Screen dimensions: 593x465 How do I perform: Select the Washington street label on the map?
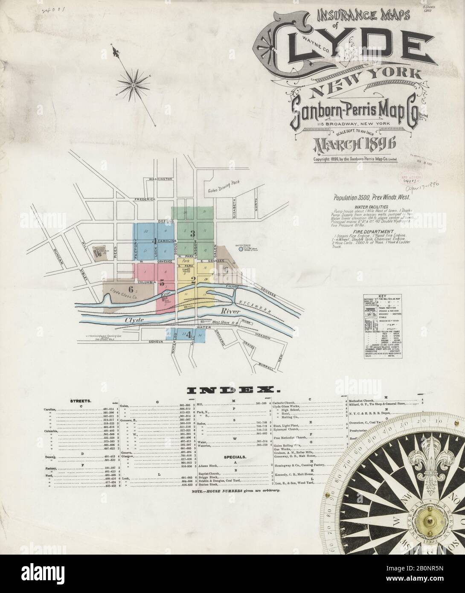click(x=160, y=179)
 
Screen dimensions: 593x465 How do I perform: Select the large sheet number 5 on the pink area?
click(x=162, y=282)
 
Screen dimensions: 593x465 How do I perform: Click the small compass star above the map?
click(x=134, y=85)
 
